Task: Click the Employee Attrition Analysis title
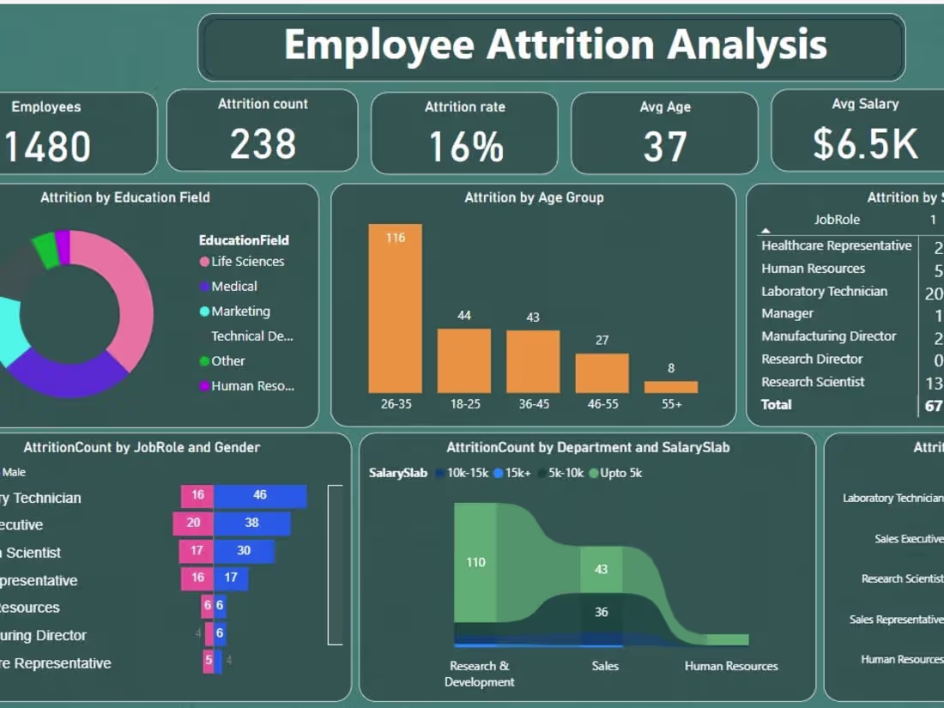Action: click(x=554, y=45)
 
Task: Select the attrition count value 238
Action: click(x=263, y=143)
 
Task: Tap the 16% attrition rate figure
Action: click(x=465, y=147)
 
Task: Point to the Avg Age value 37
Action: click(x=664, y=147)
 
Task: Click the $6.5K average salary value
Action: click(x=865, y=143)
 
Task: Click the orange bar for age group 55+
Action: click(x=671, y=387)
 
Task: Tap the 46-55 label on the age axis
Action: click(x=602, y=403)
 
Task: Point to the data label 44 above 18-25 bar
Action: click(x=464, y=316)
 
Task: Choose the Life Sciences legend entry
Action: click(x=247, y=262)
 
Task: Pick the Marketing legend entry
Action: click(x=240, y=312)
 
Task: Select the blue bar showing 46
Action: click(x=260, y=496)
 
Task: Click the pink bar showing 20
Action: click(x=193, y=523)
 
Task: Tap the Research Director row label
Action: click(x=812, y=360)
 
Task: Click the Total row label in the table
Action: click(x=777, y=405)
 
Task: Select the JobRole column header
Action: click(x=837, y=220)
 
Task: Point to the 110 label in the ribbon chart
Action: click(x=475, y=563)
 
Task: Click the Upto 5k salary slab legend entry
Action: click(x=620, y=473)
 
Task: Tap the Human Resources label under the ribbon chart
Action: click(x=731, y=666)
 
